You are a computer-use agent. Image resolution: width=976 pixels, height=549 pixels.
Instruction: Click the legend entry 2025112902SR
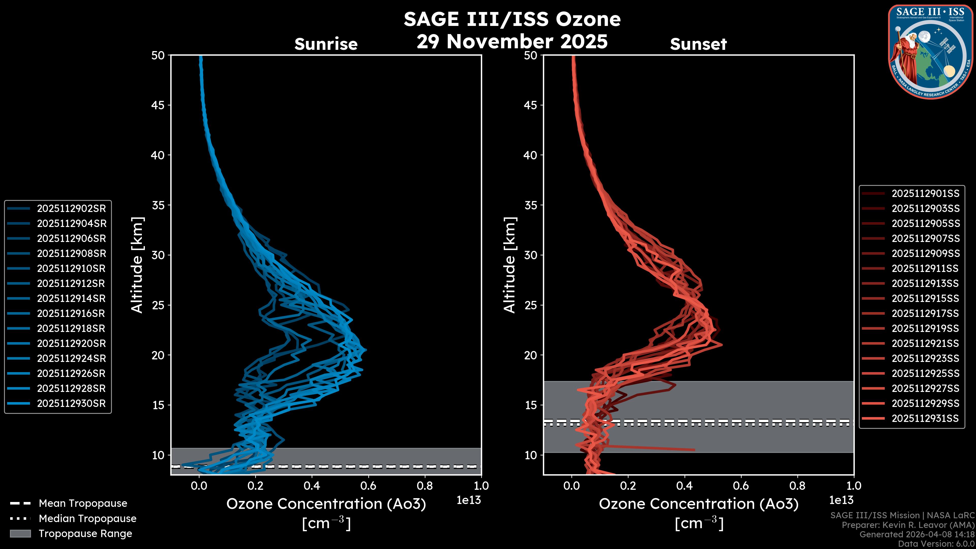pos(71,208)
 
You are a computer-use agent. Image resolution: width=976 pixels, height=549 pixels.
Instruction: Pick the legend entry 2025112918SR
pos(71,328)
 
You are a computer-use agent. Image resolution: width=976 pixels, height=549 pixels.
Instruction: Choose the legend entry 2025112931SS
pos(925,418)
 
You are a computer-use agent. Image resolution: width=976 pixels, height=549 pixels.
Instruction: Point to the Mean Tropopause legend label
pos(83,503)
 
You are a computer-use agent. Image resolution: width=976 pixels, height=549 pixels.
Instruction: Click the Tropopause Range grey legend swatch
pos(20,533)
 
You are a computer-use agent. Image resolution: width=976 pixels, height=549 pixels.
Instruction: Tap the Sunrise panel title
pos(326,44)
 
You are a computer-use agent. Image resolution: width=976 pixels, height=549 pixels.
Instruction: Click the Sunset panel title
pos(698,44)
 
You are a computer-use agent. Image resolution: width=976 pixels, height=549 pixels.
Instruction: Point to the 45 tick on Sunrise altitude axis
pos(158,105)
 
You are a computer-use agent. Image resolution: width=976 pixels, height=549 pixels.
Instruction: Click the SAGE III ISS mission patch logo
pos(929,52)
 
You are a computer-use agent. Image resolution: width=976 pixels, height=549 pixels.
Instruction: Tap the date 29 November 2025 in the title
pos(512,42)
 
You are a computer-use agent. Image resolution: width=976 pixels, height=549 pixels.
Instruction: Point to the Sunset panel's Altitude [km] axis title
pos(510,265)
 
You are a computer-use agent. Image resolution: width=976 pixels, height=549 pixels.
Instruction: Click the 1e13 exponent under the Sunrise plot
pos(469,500)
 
